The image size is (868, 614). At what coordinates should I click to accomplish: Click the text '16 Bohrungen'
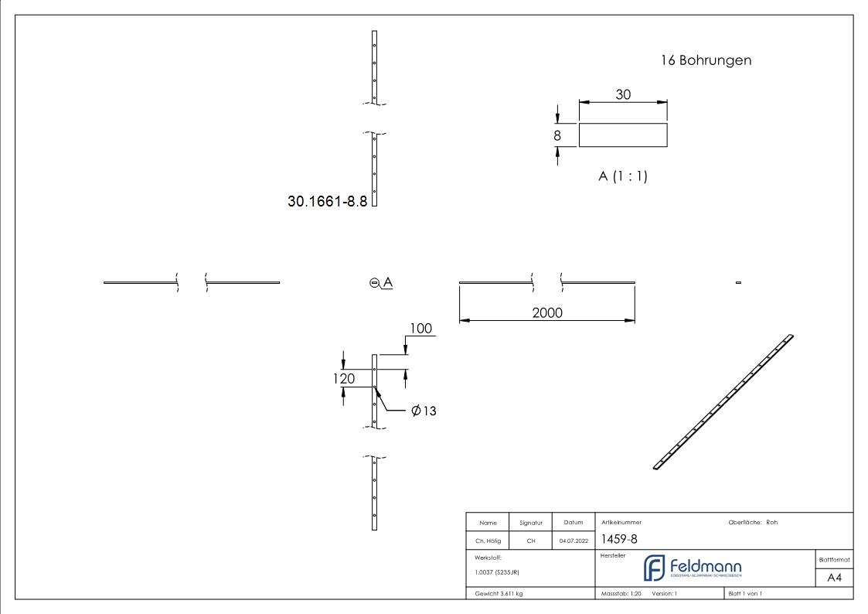[706, 60]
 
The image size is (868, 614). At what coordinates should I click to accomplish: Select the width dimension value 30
[623, 94]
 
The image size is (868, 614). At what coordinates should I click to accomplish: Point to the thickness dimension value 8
[557, 135]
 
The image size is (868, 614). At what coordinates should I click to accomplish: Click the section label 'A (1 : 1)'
[623, 176]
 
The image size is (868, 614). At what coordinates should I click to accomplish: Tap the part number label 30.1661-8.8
[327, 201]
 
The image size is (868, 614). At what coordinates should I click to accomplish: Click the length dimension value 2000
[547, 312]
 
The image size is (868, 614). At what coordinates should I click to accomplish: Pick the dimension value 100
[420, 329]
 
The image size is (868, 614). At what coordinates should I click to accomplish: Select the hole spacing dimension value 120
[344, 378]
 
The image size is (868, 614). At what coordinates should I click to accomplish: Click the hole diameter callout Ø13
[424, 411]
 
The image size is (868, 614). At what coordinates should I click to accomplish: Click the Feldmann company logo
[693, 568]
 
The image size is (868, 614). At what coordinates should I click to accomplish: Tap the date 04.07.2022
[574, 541]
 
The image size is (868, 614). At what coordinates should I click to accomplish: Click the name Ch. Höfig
[488, 541]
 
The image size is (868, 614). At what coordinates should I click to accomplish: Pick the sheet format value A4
[835, 578]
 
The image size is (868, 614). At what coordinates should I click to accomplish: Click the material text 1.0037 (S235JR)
[497, 572]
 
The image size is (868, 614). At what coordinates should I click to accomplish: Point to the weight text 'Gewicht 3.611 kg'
[499, 594]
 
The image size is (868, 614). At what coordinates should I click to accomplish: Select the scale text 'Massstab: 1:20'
[621, 594]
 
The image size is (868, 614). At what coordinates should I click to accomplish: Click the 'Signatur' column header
[531, 523]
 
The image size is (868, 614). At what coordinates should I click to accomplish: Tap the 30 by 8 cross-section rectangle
[623, 135]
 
